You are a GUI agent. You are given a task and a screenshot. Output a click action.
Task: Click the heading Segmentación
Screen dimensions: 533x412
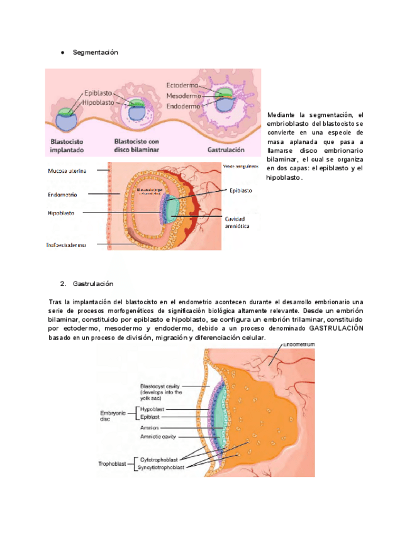point(95,52)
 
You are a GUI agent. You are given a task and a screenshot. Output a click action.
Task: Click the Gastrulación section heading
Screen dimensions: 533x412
point(93,283)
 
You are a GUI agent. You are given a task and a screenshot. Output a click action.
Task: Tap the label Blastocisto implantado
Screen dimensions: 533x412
point(69,146)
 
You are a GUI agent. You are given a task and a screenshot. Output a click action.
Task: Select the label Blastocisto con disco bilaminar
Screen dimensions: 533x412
point(136,146)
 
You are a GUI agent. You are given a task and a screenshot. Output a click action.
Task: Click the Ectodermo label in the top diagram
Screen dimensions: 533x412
point(182,85)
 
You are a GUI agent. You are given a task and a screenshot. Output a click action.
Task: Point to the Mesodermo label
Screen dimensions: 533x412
point(183,96)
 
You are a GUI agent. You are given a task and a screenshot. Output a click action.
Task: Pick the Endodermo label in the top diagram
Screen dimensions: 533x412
point(182,107)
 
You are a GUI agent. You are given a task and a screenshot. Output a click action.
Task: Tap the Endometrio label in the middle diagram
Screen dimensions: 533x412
point(63,195)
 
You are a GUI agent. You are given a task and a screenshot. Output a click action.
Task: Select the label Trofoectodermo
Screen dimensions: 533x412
point(67,245)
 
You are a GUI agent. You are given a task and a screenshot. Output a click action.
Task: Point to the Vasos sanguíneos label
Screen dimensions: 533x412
point(241,167)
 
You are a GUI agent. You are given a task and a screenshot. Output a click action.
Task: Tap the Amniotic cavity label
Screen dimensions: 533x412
point(158,437)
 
